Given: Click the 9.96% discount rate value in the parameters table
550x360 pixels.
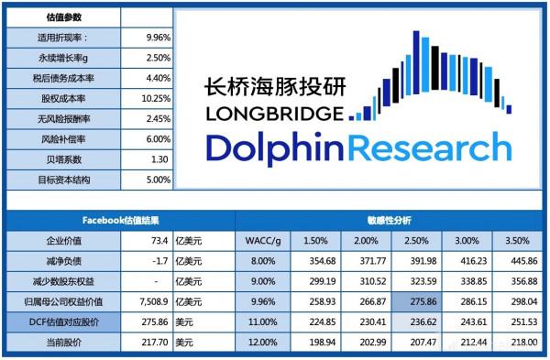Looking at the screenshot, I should tap(157, 38).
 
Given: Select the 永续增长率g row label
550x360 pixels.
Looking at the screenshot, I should tap(60, 59).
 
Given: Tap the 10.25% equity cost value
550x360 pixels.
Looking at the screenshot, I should tap(157, 99).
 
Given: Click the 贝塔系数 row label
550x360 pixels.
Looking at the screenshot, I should tap(60, 159).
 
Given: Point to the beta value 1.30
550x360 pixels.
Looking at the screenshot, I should tap(159, 159).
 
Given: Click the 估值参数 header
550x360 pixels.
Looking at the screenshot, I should tap(60, 17).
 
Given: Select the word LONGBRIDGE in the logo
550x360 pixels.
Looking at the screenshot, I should tap(276, 115).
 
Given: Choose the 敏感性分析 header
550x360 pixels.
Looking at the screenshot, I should tap(390, 221).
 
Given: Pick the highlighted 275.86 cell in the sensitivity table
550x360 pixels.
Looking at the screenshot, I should tap(418, 301).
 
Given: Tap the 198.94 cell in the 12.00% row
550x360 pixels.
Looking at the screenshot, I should tap(315, 342).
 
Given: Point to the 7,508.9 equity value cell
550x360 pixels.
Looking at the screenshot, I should tap(148, 301).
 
